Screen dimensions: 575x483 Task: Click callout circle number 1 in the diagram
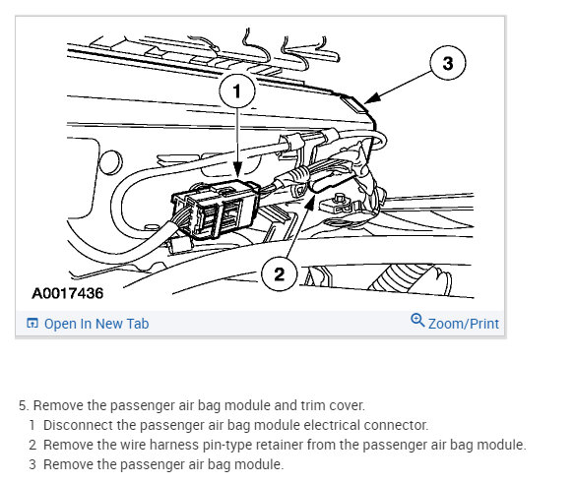click(237, 91)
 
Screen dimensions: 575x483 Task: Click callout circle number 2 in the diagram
click(279, 273)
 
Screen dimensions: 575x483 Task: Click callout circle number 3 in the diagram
click(448, 63)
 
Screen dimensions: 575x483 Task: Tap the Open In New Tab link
click(96, 324)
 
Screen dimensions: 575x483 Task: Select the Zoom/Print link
click(464, 324)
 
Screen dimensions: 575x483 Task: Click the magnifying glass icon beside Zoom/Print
click(417, 320)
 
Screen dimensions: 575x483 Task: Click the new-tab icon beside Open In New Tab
click(32, 323)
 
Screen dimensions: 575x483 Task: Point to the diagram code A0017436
click(68, 293)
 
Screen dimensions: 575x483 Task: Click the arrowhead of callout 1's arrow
click(237, 172)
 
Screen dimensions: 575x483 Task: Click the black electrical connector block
click(216, 210)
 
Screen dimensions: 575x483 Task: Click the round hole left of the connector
click(110, 162)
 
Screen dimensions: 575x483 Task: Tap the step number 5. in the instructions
click(24, 405)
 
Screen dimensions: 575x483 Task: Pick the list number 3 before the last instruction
click(32, 464)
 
